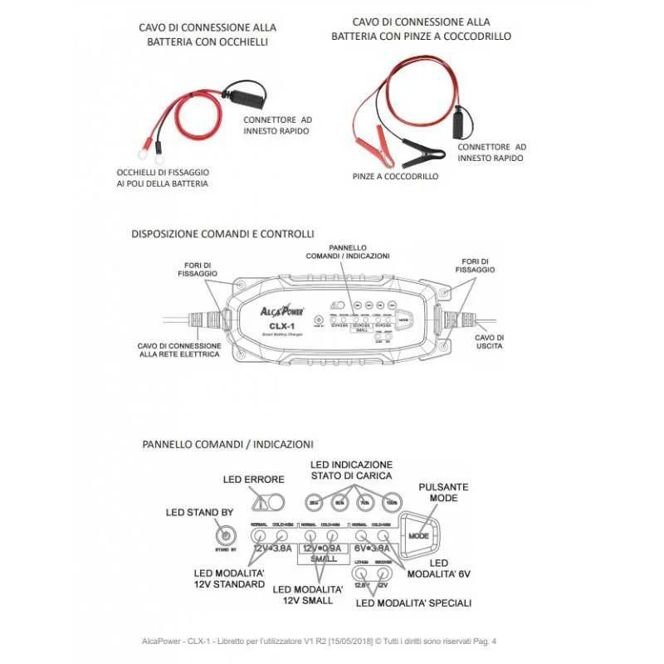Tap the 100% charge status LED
tap(392, 502)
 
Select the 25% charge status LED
tap(315, 502)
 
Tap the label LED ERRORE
tap(254, 480)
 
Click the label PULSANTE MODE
tap(444, 492)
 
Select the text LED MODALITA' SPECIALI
tap(413, 603)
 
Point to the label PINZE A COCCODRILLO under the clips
tap(395, 177)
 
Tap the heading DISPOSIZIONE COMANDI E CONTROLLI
tap(222, 234)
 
